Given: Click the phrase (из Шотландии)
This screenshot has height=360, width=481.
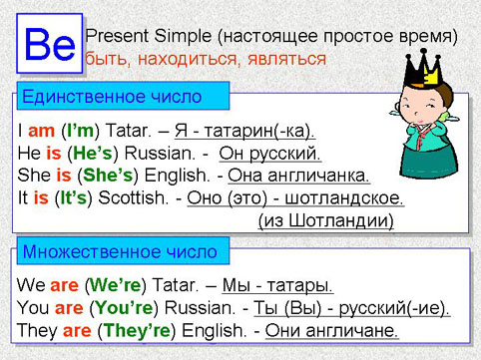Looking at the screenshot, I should [x=325, y=219].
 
